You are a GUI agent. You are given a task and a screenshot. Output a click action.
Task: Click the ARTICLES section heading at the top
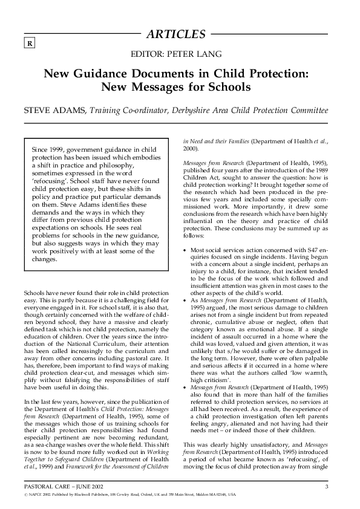click(x=179, y=34)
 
